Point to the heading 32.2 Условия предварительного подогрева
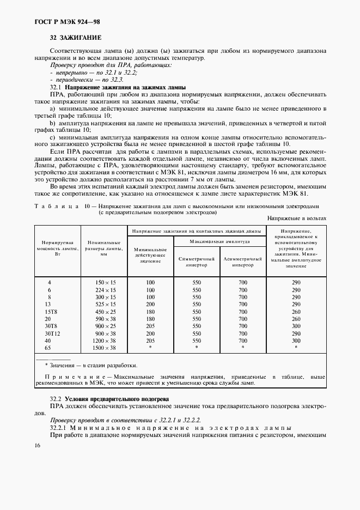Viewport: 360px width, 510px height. point(109,399)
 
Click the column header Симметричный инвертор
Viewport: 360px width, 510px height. point(197,262)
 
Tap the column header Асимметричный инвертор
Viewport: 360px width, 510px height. point(242,262)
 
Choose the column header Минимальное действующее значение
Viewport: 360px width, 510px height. point(150,254)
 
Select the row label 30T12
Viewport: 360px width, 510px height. point(51,332)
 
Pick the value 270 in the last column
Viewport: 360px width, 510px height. point(296,304)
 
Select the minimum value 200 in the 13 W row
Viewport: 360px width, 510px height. point(150,304)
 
